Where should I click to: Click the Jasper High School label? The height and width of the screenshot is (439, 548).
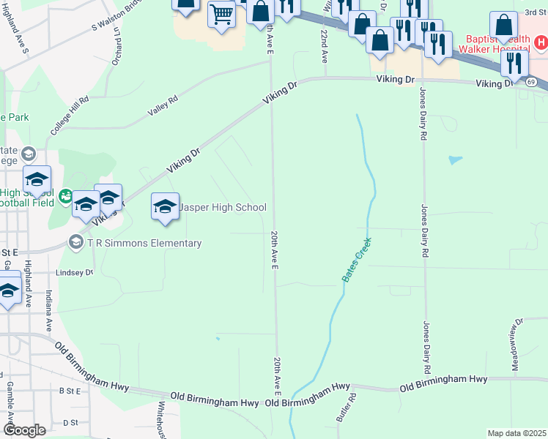(x=223, y=208)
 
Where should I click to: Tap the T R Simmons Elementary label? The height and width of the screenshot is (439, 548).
(x=144, y=243)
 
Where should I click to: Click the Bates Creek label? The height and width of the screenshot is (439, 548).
(x=356, y=260)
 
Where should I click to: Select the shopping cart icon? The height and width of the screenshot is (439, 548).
(x=221, y=13)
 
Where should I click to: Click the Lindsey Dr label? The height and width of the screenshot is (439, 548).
(x=75, y=272)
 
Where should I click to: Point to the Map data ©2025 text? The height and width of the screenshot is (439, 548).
(x=516, y=433)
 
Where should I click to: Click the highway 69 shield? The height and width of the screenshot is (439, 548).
(x=530, y=82)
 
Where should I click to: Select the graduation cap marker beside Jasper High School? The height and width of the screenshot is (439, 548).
(x=166, y=207)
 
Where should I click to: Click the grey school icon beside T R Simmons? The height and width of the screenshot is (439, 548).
(x=75, y=241)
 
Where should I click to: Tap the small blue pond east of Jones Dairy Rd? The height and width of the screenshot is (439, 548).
(x=455, y=159)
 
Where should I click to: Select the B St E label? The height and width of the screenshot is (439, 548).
(x=70, y=391)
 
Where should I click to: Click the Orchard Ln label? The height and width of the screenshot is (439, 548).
(x=116, y=52)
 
